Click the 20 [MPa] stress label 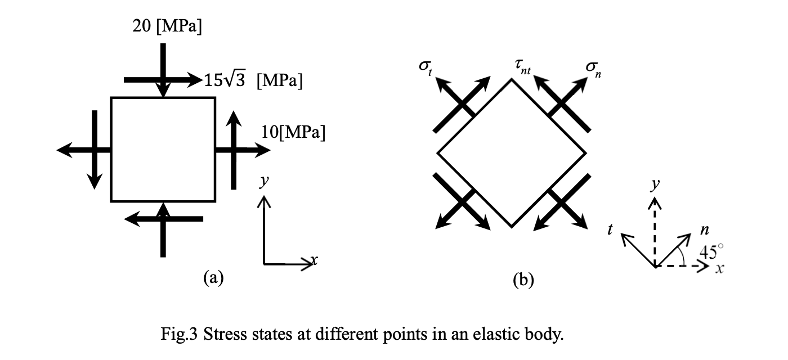click(x=167, y=26)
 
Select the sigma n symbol click(x=593, y=67)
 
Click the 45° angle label click(x=711, y=251)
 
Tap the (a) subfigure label click(x=213, y=277)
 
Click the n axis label click(x=704, y=229)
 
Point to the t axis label click(x=610, y=229)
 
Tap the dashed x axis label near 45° click(x=719, y=269)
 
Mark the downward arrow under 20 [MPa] click(x=163, y=70)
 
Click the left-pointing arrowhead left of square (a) click(x=65, y=150)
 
